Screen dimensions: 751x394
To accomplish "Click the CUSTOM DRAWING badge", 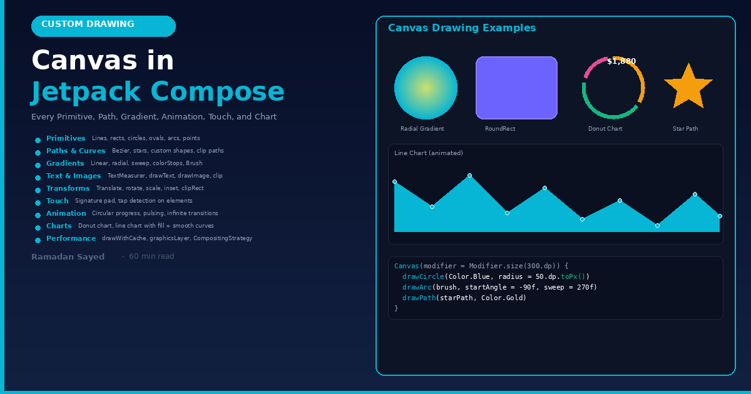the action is [103, 26].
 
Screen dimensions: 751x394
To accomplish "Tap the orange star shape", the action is [688, 88].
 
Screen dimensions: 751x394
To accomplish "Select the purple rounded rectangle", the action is [516, 88].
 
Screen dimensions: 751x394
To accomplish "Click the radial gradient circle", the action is [426, 88].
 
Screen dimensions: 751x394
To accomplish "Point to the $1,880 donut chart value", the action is [621, 61].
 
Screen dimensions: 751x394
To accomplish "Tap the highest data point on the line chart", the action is [470, 176].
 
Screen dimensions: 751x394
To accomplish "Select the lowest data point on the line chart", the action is [658, 226].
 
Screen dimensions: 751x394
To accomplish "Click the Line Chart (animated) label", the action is [429, 153].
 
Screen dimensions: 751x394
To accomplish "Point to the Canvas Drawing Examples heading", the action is [462, 28].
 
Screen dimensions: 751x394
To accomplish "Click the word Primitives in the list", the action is [66, 138].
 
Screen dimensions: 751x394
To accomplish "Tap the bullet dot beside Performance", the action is [38, 240].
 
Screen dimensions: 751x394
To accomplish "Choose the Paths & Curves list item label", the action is [76, 151].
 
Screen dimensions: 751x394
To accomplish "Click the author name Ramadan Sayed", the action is [68, 257].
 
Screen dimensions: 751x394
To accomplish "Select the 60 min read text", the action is [151, 256].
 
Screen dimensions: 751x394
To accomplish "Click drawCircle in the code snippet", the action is [423, 276].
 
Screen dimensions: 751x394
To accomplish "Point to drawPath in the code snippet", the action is [419, 298].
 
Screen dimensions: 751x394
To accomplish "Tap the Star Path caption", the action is [685, 129].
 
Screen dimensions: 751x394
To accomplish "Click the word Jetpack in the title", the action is [86, 92].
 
